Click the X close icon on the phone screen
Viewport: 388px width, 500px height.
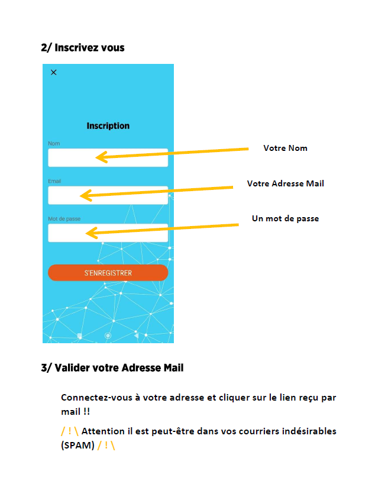[54, 72]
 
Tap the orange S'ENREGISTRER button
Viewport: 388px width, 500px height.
[108, 273]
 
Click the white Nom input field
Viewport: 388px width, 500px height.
[108, 157]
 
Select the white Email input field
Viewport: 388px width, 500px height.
[108, 195]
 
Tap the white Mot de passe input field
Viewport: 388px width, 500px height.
[108, 233]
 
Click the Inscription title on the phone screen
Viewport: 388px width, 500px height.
[108, 126]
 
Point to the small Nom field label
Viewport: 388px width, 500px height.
[54, 144]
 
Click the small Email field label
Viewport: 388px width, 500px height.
[54, 181]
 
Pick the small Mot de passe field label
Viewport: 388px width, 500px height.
[64, 219]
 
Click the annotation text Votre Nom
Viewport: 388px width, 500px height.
[285, 149]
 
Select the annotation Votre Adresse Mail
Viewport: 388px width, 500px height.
[285, 183]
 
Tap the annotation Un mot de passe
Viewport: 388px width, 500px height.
[285, 219]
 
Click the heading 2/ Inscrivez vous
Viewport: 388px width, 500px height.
[83, 47]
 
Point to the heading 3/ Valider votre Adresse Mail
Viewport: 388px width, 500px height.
[112, 367]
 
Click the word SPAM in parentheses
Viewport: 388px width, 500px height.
[78, 445]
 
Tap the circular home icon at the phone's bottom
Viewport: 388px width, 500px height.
[108, 336]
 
